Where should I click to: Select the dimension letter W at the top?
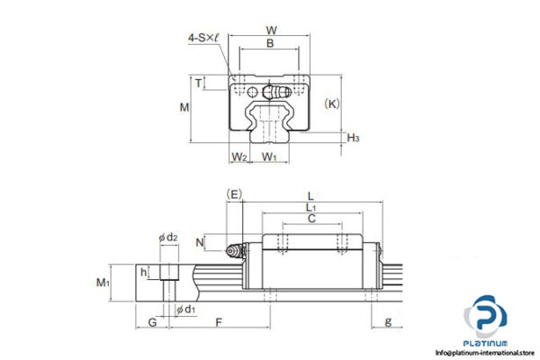pyautogui.click(x=272, y=31)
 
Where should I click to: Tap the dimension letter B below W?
pyautogui.click(x=271, y=43)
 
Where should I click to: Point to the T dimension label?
pyautogui.click(x=199, y=84)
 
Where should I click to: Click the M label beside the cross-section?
pyautogui.click(x=184, y=107)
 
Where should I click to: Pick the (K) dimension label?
pyautogui.click(x=332, y=103)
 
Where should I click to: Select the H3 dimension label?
pyautogui.click(x=354, y=138)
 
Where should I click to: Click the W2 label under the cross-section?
pyautogui.click(x=238, y=157)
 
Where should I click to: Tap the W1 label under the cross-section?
pyautogui.click(x=269, y=157)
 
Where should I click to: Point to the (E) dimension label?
pyautogui.click(x=235, y=193)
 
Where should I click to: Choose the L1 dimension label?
pyautogui.click(x=311, y=207)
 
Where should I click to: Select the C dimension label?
pyautogui.click(x=311, y=219)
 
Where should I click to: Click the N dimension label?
pyautogui.click(x=200, y=242)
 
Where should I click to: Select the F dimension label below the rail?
pyautogui.click(x=220, y=320)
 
